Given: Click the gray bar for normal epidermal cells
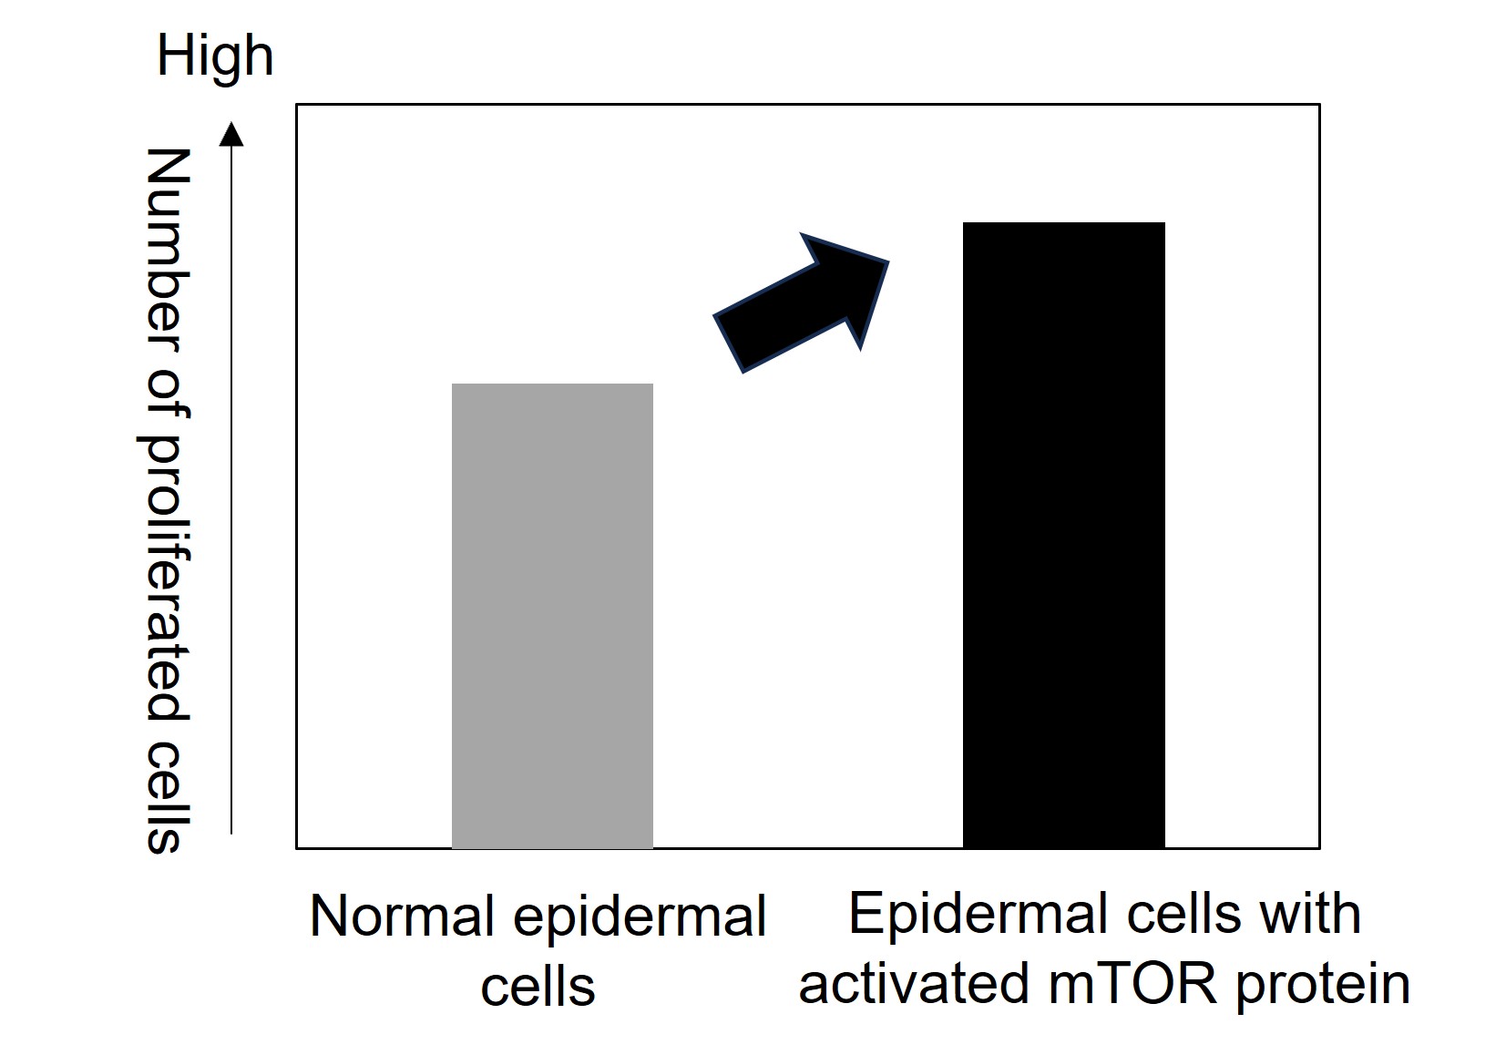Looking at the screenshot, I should point(552,616).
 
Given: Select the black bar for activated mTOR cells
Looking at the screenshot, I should point(1063,536).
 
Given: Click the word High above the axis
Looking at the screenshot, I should point(215,56).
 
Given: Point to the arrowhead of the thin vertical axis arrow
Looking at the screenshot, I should point(233,135).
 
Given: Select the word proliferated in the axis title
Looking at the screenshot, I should point(167,564).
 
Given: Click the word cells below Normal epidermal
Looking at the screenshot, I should point(538,987).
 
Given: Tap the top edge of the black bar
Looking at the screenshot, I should point(1063,223).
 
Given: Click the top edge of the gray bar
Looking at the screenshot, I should point(552,384).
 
